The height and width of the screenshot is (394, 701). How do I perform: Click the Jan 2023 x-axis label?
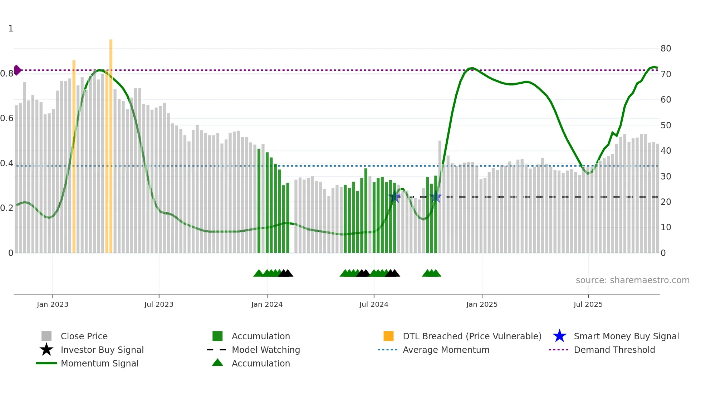53,305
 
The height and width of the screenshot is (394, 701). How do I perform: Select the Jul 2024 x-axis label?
374,305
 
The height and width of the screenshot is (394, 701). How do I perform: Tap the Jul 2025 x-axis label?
588,305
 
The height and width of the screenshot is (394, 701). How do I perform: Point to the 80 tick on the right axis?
666,49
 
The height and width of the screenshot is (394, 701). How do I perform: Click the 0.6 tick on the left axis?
7,118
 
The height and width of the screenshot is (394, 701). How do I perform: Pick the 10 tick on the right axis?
666,227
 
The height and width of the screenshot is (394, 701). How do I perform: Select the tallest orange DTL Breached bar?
111,143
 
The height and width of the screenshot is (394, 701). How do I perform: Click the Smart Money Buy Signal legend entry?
626,336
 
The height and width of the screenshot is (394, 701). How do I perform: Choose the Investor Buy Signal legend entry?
102,350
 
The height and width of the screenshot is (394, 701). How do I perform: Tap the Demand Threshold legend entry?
614,350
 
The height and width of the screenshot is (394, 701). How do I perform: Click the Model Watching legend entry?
266,350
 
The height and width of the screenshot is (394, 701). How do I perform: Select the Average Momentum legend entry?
446,350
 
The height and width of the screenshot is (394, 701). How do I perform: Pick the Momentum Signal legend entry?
99,364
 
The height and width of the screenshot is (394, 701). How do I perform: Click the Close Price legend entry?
84,336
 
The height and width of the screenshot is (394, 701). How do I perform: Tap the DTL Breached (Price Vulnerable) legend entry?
472,336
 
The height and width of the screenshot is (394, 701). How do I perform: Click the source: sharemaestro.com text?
632,280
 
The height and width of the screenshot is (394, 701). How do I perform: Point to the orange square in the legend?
388,336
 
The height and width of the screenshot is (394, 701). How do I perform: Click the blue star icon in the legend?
559,336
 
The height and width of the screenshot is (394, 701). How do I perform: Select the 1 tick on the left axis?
11,29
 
